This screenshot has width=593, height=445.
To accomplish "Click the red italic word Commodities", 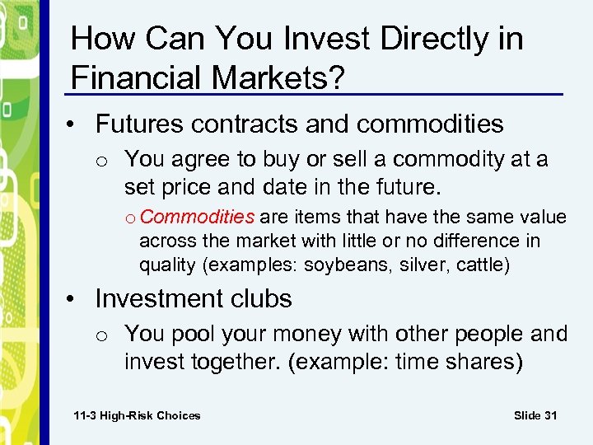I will [x=203, y=218].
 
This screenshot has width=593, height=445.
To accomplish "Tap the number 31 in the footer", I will [x=549, y=415].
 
